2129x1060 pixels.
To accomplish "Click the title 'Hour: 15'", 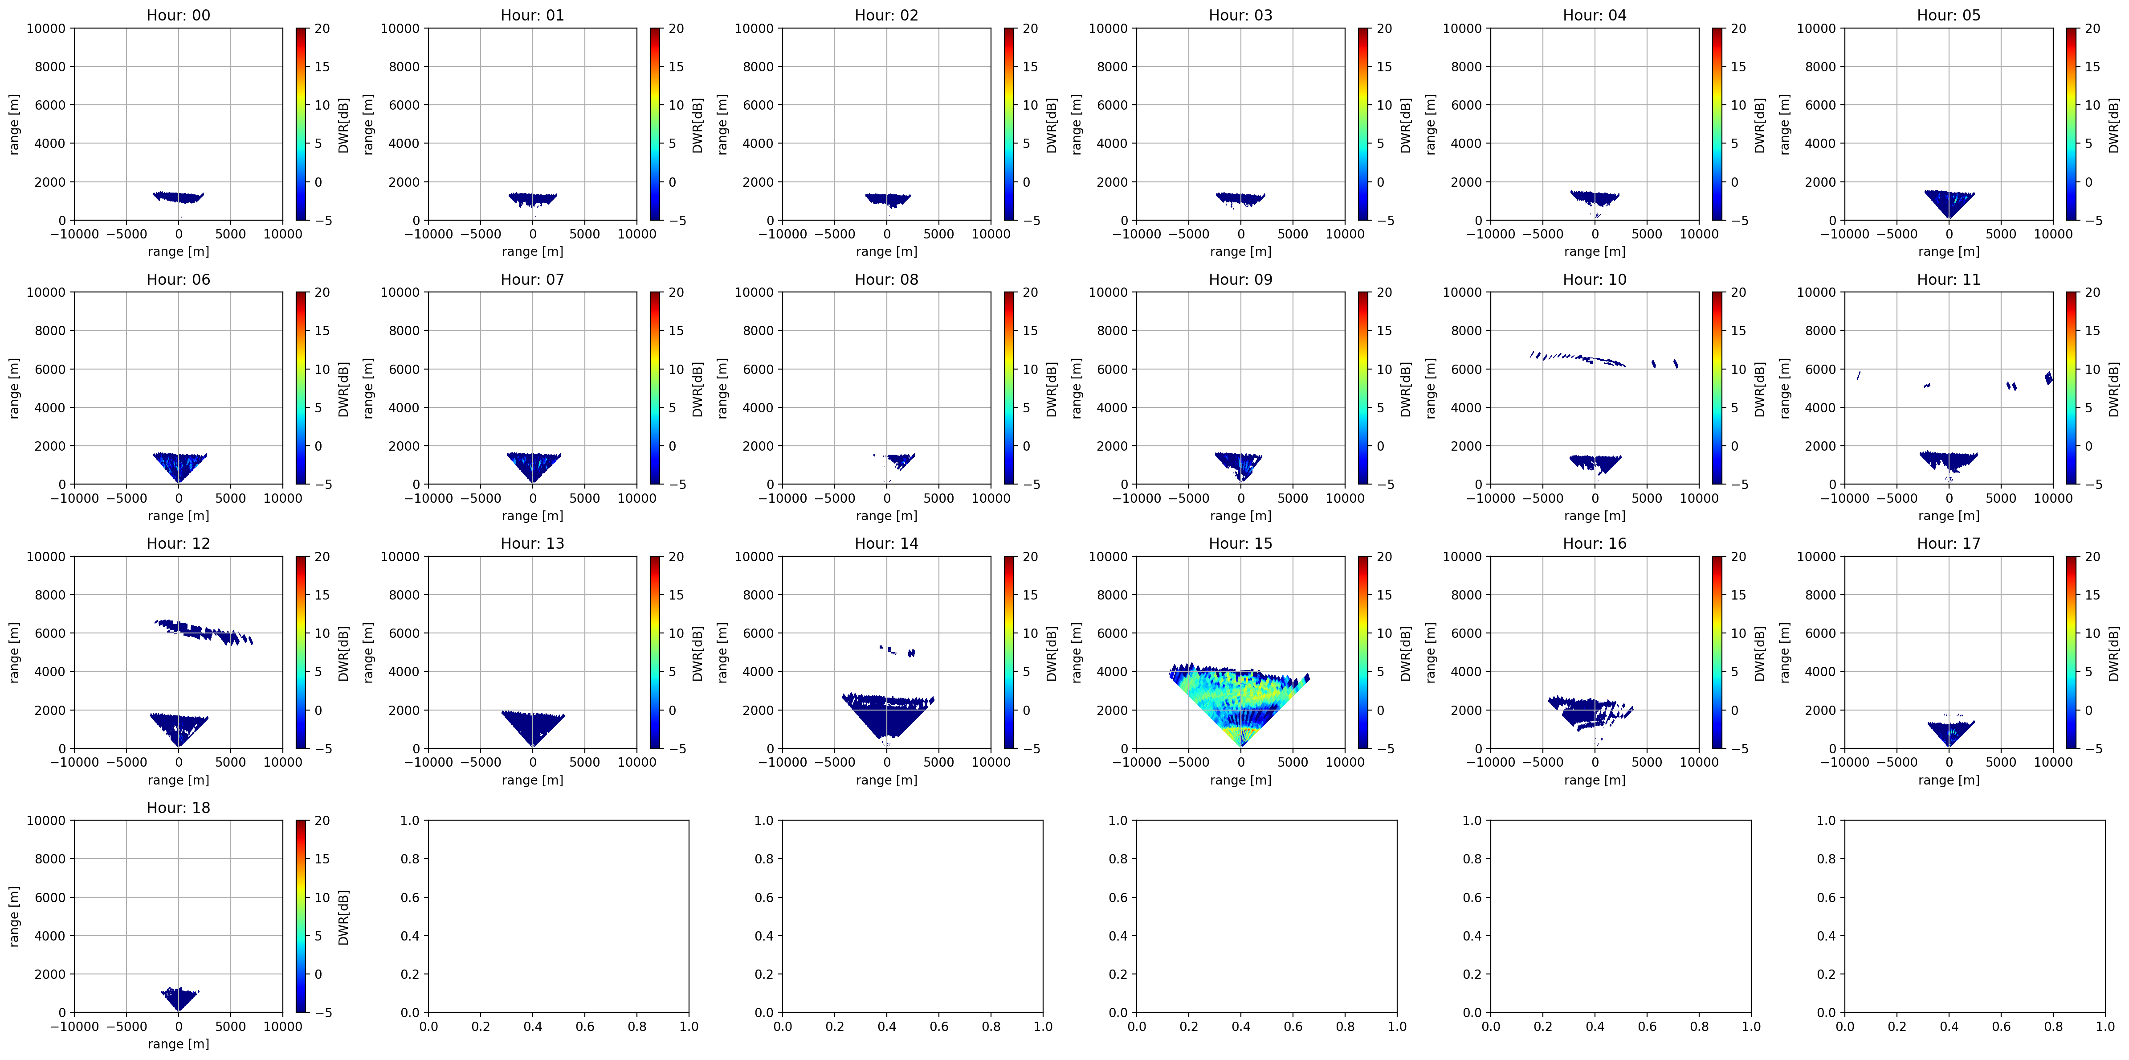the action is pyautogui.click(x=1240, y=543).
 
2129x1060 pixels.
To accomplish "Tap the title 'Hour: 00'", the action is pyautogui.click(x=179, y=15).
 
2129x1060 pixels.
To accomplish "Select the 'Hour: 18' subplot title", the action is pyautogui.click(x=179, y=808).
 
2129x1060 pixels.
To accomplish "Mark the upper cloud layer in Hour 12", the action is pyautogui.click(x=203, y=632).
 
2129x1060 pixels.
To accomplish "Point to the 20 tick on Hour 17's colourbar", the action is pyautogui.click(x=2092, y=556).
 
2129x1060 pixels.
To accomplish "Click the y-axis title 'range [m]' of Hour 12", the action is pyautogui.click(x=14, y=653).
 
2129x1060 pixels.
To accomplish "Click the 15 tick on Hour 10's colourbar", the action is pyautogui.click(x=1738, y=331).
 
